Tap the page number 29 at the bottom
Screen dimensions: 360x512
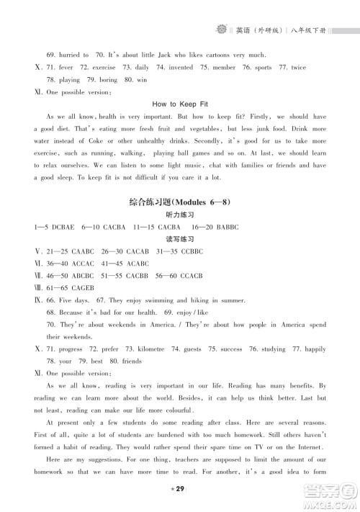pos(179,490)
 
